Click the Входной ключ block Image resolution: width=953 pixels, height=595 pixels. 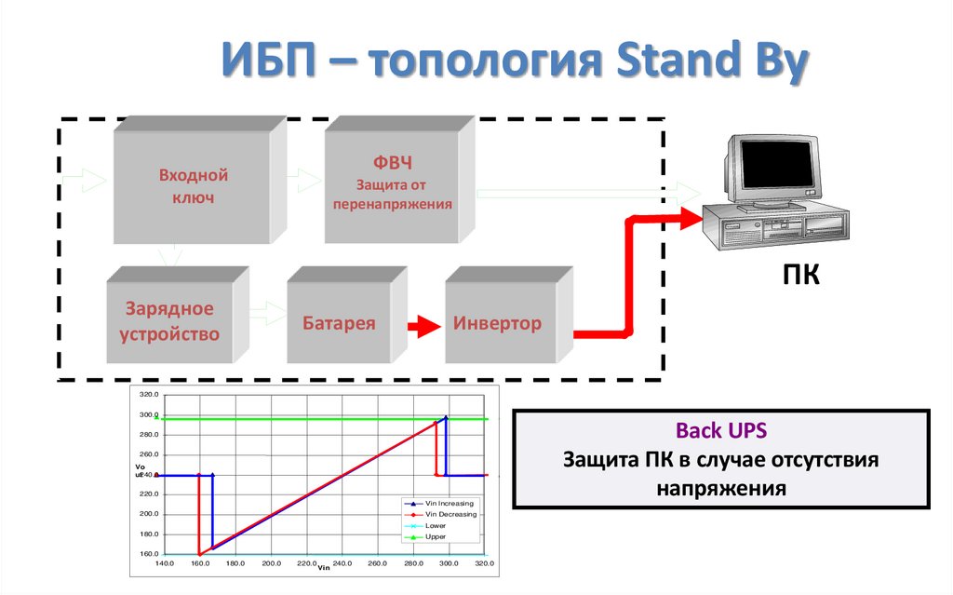click(x=193, y=186)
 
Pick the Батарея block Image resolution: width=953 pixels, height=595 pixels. click(x=339, y=324)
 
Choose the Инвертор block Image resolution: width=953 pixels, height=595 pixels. click(x=497, y=324)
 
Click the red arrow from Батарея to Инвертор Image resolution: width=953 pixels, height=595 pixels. click(x=422, y=326)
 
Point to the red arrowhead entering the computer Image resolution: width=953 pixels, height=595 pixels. click(x=688, y=219)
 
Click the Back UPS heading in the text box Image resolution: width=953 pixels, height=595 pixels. click(x=721, y=431)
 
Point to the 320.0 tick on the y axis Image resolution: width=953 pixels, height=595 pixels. click(x=149, y=395)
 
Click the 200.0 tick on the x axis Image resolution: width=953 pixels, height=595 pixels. click(x=272, y=563)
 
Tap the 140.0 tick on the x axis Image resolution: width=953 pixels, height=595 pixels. click(x=165, y=563)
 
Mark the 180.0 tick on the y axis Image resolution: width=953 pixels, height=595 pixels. click(x=149, y=534)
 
